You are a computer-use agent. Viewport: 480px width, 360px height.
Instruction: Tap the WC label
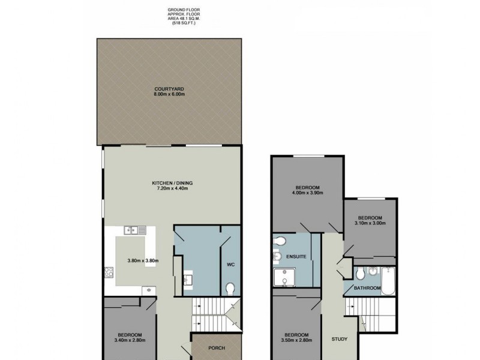pos(230,263)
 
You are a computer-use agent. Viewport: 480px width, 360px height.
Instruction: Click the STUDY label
pos(339,338)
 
